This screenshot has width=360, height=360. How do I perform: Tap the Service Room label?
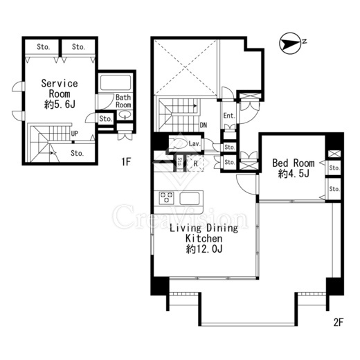(60, 89)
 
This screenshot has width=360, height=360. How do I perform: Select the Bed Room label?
(294, 163)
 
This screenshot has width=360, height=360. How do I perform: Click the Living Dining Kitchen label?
(204, 233)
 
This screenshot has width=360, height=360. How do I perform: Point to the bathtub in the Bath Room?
(116, 82)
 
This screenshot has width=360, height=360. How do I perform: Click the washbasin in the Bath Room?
(125, 114)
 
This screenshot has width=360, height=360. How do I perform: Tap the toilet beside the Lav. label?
(178, 143)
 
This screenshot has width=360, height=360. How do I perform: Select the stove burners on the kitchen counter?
(166, 198)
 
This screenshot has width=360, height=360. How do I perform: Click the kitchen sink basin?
(190, 199)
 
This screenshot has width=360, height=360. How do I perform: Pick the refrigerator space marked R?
(195, 163)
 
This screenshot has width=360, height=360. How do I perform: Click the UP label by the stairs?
(75, 134)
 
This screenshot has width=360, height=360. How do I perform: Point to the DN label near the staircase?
(204, 125)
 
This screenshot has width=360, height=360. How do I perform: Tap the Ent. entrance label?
(229, 116)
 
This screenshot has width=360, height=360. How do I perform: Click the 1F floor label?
(126, 162)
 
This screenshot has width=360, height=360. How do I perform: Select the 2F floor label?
(339, 323)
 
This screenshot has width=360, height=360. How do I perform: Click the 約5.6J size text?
(60, 105)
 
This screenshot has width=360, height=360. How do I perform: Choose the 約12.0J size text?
(204, 249)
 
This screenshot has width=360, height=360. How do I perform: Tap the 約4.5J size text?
(294, 173)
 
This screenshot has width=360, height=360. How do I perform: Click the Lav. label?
(195, 144)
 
